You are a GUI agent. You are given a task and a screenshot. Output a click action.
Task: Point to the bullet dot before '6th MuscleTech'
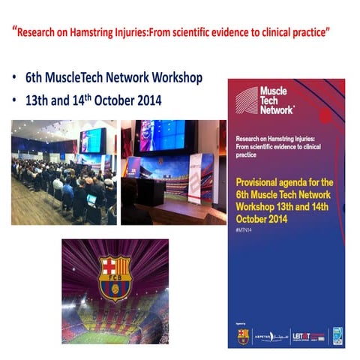(x=16, y=79)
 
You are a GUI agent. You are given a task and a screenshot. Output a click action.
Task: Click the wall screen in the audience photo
(x=93, y=140)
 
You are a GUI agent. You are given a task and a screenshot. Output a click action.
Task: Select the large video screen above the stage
(x=162, y=135)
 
